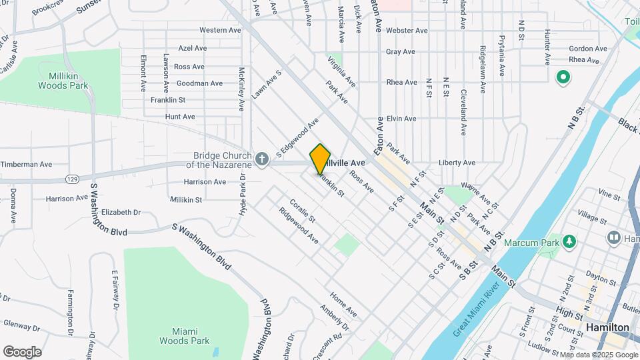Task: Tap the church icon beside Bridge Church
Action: (262, 159)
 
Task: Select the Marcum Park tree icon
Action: (569, 241)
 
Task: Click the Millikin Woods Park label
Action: (63, 81)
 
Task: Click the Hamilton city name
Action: (607, 327)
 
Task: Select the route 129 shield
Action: (73, 179)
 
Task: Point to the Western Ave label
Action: (220, 30)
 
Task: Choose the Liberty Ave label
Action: (457, 163)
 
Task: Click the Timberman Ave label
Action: (26, 164)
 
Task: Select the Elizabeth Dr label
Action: (121, 212)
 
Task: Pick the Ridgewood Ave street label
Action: (299, 227)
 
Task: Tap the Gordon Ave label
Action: (588, 49)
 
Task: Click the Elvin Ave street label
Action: (401, 119)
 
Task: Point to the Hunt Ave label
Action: (161, 117)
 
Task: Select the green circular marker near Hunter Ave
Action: (563, 78)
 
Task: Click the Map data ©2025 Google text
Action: (597, 355)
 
